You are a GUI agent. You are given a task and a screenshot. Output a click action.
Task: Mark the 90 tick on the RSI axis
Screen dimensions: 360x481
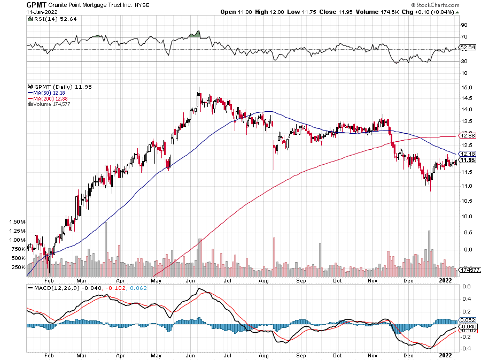pyautogui.click(x=465, y=25)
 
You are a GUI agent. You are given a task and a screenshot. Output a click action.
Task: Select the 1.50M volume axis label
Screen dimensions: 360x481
pyautogui.click(x=17, y=221)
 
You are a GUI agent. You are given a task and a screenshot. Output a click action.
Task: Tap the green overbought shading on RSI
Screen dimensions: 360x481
pyautogui.click(x=196, y=35)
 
